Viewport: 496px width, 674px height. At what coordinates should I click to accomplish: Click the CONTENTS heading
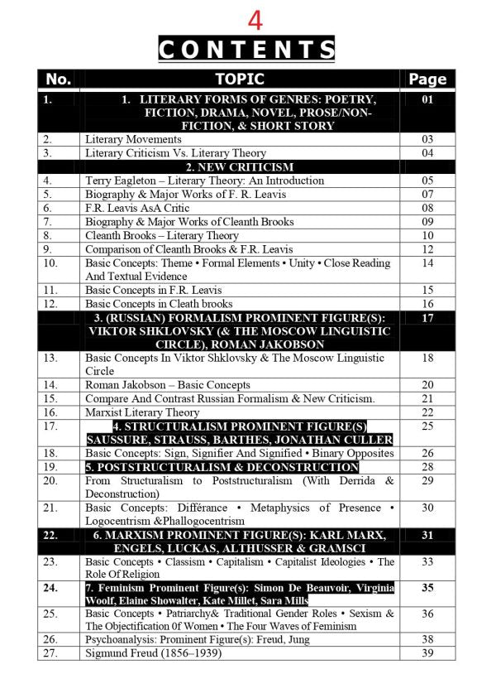coord(246,50)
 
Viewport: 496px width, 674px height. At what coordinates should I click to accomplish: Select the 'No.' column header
coord(59,79)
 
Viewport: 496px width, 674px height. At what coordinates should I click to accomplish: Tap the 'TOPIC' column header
coord(240,79)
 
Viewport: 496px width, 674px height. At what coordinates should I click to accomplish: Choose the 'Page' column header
coord(427,79)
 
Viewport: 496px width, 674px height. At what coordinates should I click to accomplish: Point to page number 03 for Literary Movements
coord(427,139)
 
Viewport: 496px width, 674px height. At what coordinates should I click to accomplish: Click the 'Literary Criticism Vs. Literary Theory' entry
coord(175,153)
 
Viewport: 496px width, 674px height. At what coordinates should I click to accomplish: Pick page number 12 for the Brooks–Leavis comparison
coord(427,248)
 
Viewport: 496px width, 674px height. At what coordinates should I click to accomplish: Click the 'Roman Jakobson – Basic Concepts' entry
coord(168,384)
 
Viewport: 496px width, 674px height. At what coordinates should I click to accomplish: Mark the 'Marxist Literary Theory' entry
coord(142,412)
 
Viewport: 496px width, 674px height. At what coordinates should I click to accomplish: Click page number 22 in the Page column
coord(427,412)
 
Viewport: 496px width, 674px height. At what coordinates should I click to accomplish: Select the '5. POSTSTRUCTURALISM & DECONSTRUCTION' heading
coord(222,467)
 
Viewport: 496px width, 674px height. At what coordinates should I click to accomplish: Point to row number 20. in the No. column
coord(50,480)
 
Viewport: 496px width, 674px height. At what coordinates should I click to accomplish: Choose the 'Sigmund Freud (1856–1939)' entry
coord(154,653)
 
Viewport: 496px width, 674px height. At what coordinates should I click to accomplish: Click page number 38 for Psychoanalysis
coord(427,639)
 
